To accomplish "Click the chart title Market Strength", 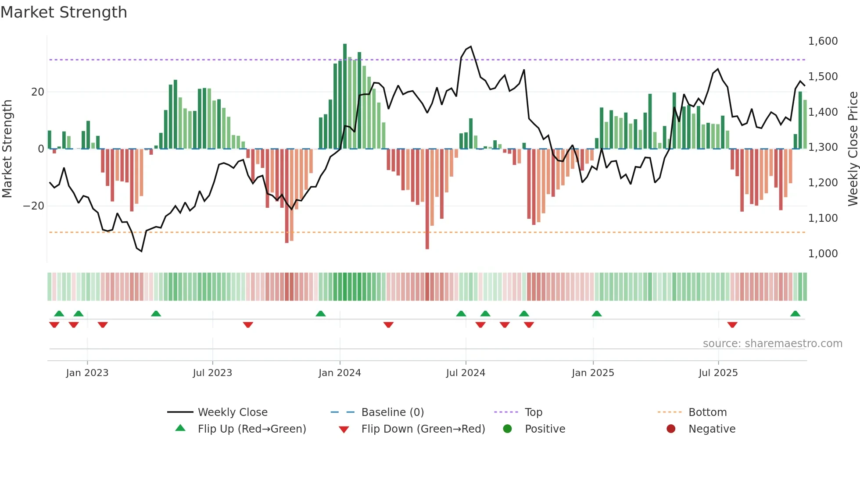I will coord(64,12).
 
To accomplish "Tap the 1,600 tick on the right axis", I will coord(823,41).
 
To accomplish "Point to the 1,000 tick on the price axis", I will coord(823,254).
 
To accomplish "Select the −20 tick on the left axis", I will coord(34,206).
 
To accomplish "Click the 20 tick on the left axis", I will coord(38,92).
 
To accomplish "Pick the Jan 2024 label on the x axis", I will coord(340,373).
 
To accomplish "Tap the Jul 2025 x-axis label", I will coord(718,373).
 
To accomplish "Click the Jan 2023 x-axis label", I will coord(87,373).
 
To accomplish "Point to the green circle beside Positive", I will coord(508,429).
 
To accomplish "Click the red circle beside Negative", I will coord(671,429).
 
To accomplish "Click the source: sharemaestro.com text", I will coord(772,344).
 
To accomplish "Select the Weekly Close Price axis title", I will coord(853,149).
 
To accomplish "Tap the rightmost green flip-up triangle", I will coord(795,313).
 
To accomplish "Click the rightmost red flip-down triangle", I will coord(732,325).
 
